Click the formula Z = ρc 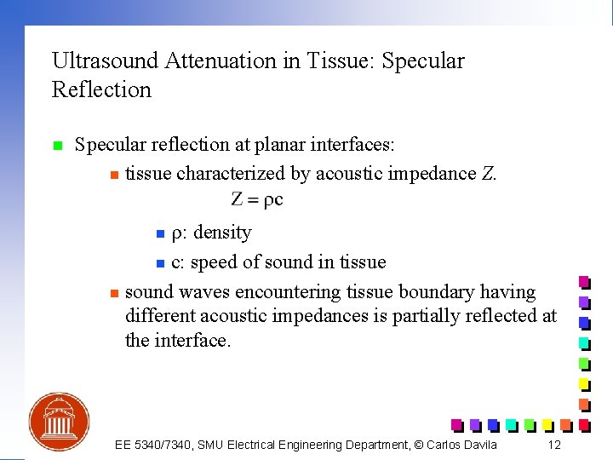(x=257, y=200)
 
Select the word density (x=222, y=233)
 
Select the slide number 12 (x=554, y=445)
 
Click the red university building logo (x=59, y=421)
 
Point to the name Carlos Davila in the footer (x=460, y=445)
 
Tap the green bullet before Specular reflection (x=57, y=146)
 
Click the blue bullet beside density (x=159, y=234)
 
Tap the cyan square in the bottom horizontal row (x=511, y=424)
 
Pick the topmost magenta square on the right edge (x=584, y=282)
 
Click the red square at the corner (x=584, y=424)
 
